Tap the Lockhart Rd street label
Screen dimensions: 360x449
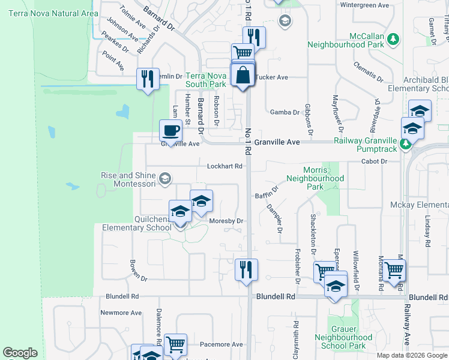pos(224,166)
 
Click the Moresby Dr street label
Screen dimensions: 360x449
pos(226,221)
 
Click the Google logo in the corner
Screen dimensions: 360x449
pos(20,353)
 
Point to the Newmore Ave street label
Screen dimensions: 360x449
pos(121,313)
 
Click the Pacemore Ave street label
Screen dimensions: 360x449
pos(221,344)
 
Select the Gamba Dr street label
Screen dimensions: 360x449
pos(285,112)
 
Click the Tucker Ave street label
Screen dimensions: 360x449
pos(273,77)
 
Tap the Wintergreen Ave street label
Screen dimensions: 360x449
pos(365,5)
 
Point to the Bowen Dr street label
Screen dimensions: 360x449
pos(138,271)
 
